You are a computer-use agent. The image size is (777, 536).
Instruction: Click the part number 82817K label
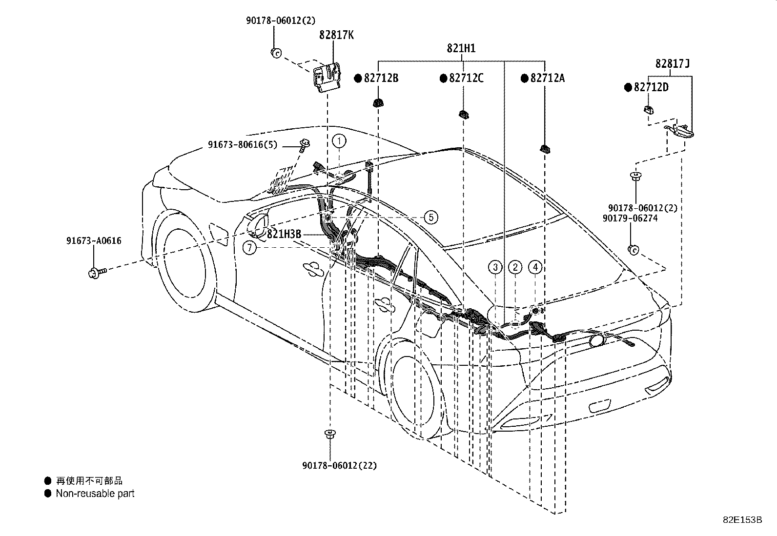click(336, 35)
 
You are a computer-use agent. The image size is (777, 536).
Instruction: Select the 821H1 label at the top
click(461, 48)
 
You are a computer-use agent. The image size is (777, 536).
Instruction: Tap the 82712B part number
click(381, 78)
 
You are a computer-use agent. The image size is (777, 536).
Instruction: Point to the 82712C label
click(466, 78)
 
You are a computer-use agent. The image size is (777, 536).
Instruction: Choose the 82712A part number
click(547, 78)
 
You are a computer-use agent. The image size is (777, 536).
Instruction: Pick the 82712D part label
click(651, 87)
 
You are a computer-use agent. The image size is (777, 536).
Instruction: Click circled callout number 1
click(339, 141)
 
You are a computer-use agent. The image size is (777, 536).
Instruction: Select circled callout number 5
click(431, 217)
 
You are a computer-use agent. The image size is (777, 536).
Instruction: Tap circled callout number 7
click(249, 248)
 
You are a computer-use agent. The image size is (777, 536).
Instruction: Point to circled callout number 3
click(495, 267)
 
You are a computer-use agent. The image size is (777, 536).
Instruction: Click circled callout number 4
click(535, 267)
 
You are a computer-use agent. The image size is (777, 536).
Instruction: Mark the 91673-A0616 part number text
click(94, 240)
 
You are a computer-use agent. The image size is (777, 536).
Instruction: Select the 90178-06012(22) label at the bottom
click(339, 466)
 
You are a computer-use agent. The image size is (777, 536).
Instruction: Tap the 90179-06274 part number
click(630, 218)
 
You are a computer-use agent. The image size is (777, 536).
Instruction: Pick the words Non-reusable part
click(95, 494)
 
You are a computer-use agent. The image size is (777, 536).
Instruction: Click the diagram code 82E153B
click(742, 519)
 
